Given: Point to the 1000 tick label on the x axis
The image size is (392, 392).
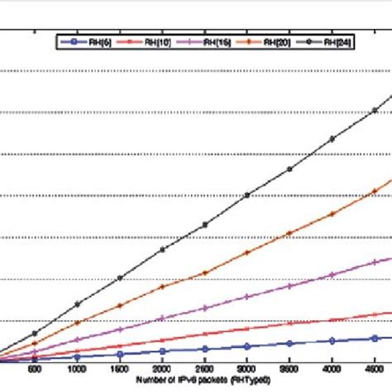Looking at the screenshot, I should pos(78,370).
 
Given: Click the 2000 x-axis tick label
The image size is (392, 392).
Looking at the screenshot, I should pos(163,370).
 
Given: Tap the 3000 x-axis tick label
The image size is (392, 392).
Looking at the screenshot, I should pos(247,370).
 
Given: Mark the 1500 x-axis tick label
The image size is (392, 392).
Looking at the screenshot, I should pos(120,370).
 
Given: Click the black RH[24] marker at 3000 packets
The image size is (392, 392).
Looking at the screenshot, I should pos(247,195).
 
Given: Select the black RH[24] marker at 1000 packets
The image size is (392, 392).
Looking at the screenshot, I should pos(78,304).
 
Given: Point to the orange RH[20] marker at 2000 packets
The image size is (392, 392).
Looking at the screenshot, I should pos(163,286).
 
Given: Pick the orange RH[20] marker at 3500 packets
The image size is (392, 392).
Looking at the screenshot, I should pos(289,233).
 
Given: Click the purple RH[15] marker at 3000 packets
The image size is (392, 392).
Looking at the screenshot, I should pos(247,299).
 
